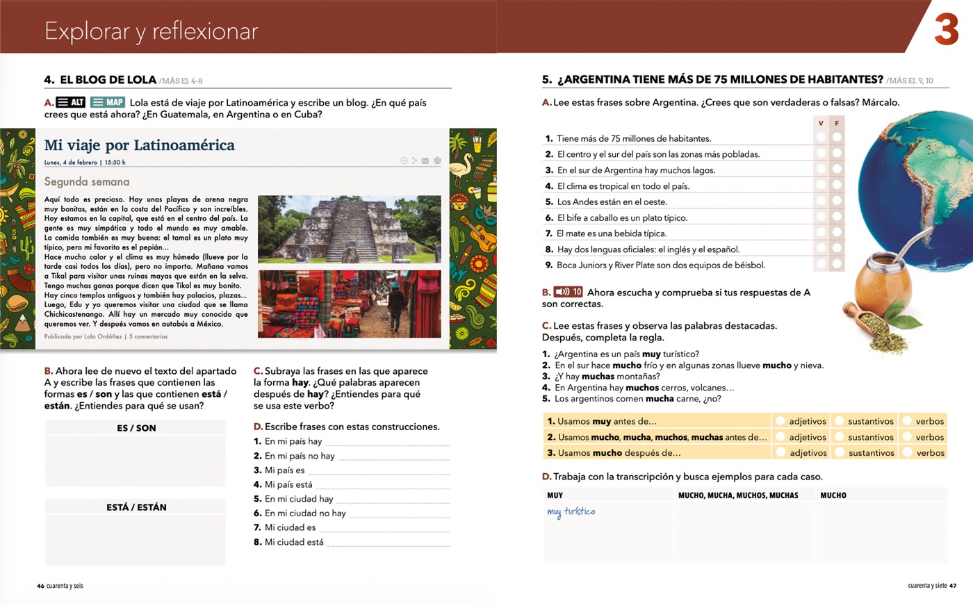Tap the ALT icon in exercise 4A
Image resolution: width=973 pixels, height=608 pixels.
(71, 103)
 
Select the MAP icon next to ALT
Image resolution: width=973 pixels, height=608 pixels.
(108, 103)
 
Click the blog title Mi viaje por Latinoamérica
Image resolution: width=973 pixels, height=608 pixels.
(139, 145)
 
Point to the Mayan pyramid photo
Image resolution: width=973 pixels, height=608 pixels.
(349, 229)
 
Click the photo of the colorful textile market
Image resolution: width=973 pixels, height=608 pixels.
(349, 304)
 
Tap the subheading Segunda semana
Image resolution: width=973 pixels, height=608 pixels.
(87, 181)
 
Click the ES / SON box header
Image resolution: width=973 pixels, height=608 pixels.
(136, 428)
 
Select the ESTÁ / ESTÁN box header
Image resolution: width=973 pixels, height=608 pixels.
(136, 507)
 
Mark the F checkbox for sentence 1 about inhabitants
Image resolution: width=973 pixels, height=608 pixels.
(837, 138)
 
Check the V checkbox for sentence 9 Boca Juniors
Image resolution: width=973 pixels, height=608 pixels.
(821, 264)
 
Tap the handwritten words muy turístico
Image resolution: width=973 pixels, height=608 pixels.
(571, 512)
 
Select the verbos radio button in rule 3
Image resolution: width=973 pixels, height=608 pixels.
(907, 452)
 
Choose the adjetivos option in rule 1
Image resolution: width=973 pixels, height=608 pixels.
(780, 421)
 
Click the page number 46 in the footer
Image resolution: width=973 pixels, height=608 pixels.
(40, 586)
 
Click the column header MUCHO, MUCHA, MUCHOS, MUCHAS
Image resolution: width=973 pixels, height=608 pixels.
(738, 495)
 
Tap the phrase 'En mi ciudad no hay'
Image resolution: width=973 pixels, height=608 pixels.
(305, 513)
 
